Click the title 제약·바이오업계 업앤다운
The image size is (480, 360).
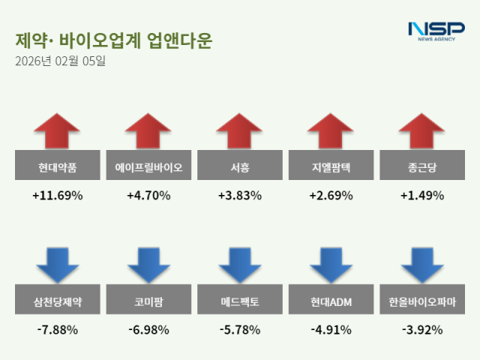click(x=112, y=40)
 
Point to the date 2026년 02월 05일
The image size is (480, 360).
click(x=60, y=61)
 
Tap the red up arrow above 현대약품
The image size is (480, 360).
click(x=57, y=132)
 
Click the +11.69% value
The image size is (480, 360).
click(x=57, y=196)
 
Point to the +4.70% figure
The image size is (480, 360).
click(x=148, y=196)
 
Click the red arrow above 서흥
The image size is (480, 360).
click(x=239, y=132)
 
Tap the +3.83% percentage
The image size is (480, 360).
click(x=239, y=196)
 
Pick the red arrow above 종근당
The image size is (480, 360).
click(x=422, y=132)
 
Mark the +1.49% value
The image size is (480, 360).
click(x=422, y=196)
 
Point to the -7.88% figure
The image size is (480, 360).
click(x=57, y=329)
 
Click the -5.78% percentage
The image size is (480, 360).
click(x=239, y=329)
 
